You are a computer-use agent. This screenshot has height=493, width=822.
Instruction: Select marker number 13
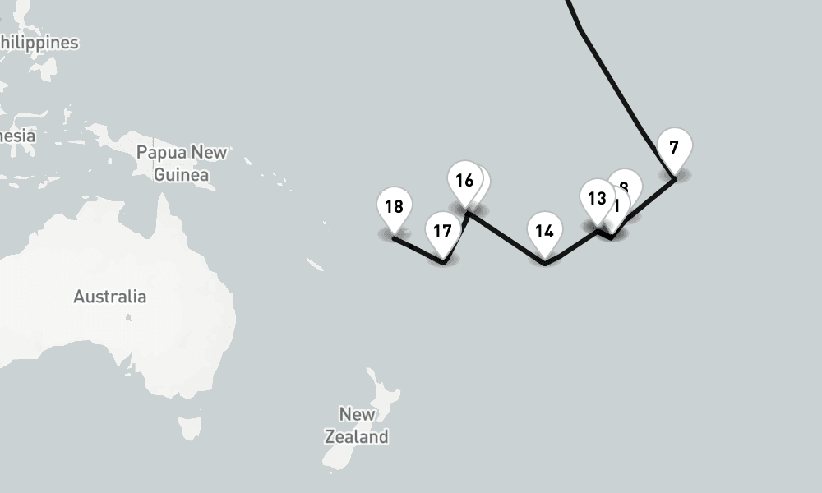tap(597, 199)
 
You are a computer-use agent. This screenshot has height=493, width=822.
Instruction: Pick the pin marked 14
tap(544, 232)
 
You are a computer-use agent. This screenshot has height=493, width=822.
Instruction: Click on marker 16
tap(464, 181)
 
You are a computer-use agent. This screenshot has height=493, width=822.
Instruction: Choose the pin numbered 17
tap(442, 232)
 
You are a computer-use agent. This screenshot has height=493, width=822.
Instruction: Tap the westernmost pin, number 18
tap(394, 207)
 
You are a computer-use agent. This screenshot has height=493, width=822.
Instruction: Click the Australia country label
tap(110, 297)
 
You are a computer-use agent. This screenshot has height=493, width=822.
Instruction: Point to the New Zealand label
tap(356, 425)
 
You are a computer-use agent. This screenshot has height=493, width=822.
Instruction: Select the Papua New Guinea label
tap(182, 163)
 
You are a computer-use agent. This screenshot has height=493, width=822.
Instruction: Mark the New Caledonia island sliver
tap(315, 265)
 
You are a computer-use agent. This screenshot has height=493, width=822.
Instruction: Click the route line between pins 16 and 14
tap(506, 237)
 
